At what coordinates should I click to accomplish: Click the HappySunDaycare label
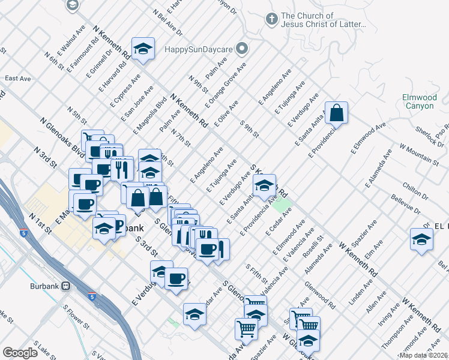coord(202,48)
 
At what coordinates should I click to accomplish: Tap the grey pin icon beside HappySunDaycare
coord(243,47)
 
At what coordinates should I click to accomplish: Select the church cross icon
coord(271,19)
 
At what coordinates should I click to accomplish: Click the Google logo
coord(20,352)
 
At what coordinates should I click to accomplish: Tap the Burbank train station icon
coord(65,286)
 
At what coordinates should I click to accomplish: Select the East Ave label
coord(17,79)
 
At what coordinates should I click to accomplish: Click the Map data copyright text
coord(423,355)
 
